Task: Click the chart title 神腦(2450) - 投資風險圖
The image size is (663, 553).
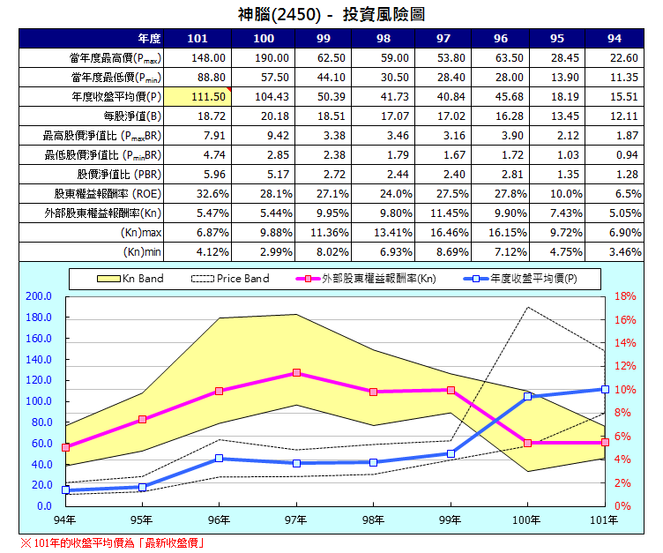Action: [331, 14]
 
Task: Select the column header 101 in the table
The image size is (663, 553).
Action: [198, 39]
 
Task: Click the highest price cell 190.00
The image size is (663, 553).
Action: [264, 57]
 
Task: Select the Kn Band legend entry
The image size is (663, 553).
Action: [129, 279]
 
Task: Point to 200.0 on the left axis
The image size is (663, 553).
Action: [41, 296]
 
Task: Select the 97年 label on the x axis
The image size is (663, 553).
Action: [296, 520]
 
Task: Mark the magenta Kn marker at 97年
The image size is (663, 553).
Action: [296, 373]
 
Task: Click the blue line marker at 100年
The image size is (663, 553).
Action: [528, 397]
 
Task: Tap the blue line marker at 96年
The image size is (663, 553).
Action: [219, 459]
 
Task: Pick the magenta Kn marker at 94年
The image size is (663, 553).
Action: [65, 447]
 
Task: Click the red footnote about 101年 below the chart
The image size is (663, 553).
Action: [113, 542]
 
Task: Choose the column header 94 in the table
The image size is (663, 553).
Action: [614, 39]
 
